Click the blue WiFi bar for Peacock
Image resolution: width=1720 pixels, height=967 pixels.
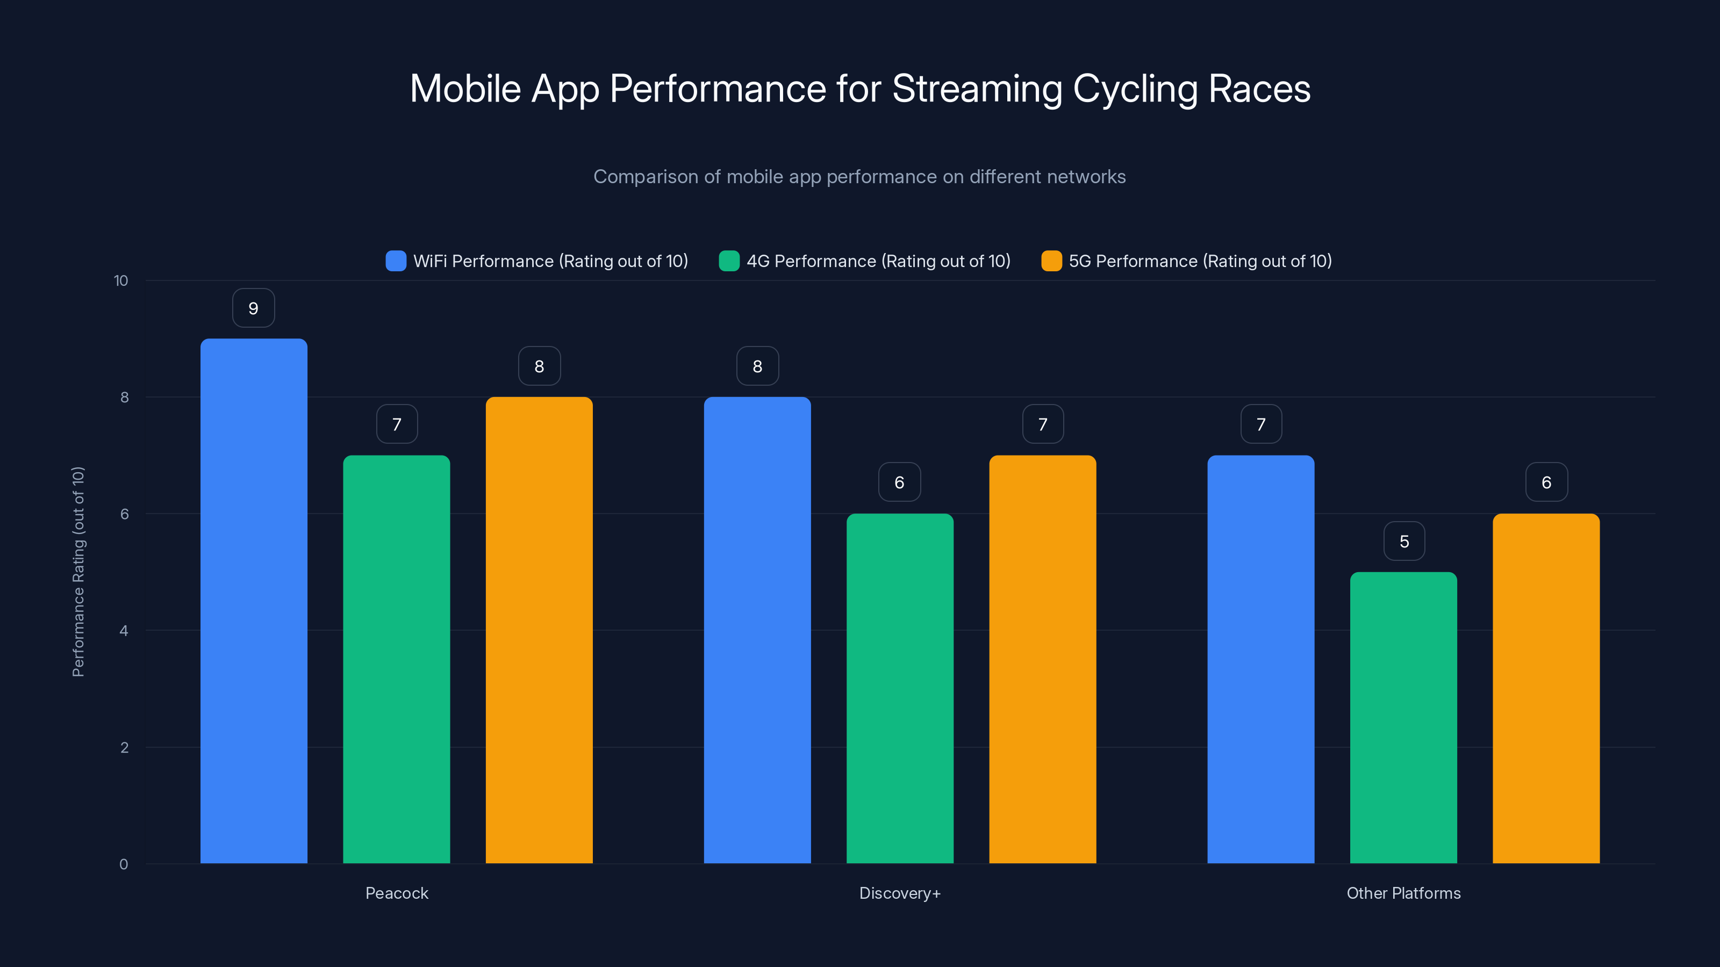tap(254, 601)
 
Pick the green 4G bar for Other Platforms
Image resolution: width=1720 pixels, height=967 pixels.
tap(1403, 717)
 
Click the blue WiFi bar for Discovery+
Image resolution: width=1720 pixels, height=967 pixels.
tap(757, 630)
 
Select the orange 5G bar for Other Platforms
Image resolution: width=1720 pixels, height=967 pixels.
tap(1546, 688)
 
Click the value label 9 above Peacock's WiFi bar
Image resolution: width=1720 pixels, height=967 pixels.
tap(253, 308)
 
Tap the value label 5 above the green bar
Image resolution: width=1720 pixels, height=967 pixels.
tap(1404, 541)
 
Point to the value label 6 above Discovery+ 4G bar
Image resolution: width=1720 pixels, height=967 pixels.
tap(899, 482)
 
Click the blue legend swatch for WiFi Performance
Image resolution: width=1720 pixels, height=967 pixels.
tap(396, 261)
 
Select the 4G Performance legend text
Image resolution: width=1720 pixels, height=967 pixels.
tap(878, 261)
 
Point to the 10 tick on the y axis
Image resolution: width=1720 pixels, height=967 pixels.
tap(121, 281)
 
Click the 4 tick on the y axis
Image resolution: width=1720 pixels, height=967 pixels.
tap(124, 631)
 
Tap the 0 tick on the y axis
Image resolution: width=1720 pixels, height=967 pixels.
tap(124, 864)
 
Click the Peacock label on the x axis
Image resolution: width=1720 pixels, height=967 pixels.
tap(397, 893)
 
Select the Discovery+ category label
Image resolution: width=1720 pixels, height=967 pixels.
tap(899, 893)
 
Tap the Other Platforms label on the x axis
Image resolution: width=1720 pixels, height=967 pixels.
tap(1403, 893)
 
